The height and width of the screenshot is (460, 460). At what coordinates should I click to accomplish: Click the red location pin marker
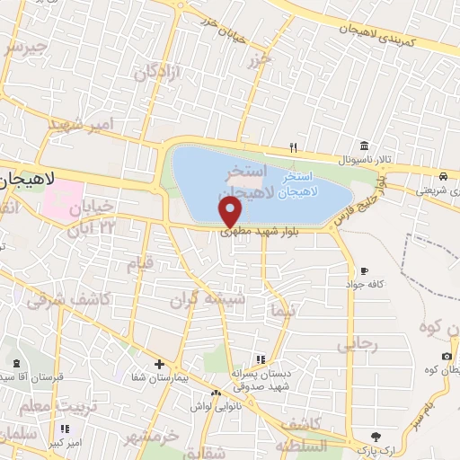(x=231, y=211)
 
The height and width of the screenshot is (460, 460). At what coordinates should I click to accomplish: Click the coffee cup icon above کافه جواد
(x=364, y=270)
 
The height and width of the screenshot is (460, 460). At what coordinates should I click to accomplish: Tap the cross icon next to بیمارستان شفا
(x=159, y=365)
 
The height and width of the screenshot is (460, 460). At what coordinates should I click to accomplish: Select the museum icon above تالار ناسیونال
(x=364, y=146)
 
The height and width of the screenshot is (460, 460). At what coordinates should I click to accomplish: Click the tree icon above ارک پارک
(x=362, y=435)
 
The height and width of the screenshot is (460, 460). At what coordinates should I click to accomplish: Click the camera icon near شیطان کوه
(x=447, y=357)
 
